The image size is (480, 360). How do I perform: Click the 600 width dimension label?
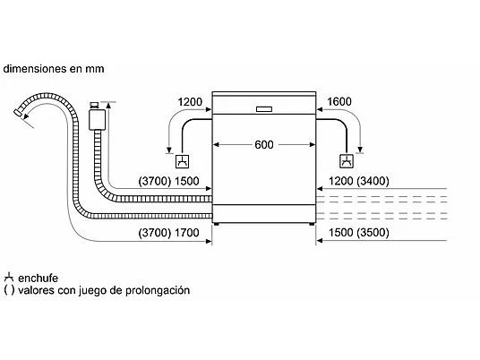point(264,144)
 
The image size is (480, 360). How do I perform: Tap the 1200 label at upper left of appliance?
point(190,101)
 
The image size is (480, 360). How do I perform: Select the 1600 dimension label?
point(339,101)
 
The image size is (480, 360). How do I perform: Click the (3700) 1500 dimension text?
point(168,181)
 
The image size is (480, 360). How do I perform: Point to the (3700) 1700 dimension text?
point(168,233)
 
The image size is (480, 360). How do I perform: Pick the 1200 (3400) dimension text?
point(359,181)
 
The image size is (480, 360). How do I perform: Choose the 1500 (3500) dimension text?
point(359,233)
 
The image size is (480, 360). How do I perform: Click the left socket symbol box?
point(182,161)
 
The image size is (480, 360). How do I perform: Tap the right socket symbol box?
point(347,161)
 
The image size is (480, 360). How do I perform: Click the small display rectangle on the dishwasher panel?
point(264,109)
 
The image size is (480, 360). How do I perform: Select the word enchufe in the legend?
point(38,278)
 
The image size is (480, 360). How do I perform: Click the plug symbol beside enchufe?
point(9,277)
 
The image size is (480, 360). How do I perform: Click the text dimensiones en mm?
point(54,69)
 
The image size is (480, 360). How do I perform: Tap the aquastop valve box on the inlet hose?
point(97,120)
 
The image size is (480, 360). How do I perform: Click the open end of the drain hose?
point(18,113)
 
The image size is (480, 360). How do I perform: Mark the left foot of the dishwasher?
point(217,224)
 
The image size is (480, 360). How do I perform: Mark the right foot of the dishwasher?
point(312,224)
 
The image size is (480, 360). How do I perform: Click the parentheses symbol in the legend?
point(9,290)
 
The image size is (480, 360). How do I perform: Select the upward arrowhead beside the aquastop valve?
point(108,106)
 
